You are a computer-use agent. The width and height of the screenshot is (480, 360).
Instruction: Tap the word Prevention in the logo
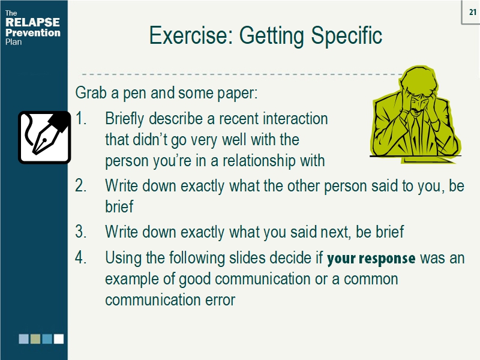(x=32, y=33)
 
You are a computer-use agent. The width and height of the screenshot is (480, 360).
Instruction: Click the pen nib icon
(x=44, y=137)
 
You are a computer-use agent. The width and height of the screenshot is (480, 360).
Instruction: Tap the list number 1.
(x=82, y=118)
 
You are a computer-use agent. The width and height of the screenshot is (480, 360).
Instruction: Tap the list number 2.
(x=82, y=186)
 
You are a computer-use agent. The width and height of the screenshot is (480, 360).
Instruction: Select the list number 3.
(x=82, y=232)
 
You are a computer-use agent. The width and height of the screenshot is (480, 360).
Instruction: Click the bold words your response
(x=371, y=259)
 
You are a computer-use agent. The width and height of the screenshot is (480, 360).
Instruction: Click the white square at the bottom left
(x=59, y=339)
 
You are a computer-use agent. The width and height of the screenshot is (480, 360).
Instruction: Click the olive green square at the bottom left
(x=35, y=339)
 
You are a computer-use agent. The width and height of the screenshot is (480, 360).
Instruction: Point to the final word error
(x=217, y=299)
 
